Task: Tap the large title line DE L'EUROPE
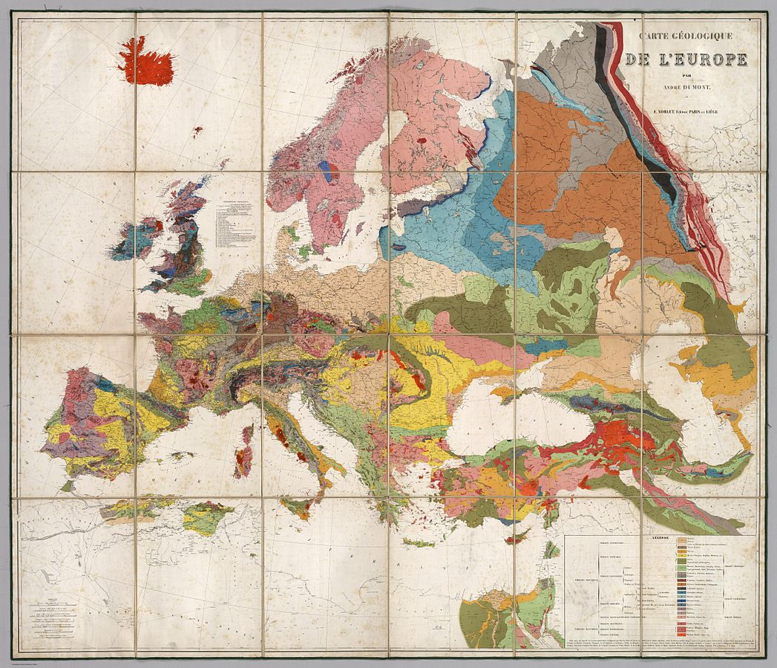click(686, 59)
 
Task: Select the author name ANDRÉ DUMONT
click(686, 87)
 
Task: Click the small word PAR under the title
click(686, 76)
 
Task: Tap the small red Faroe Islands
click(197, 132)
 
